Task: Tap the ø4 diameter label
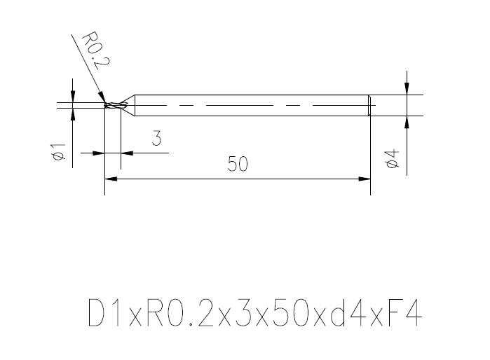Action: point(393,158)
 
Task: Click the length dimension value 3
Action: point(157,139)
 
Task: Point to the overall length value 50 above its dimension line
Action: point(238,165)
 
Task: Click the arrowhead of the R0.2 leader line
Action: point(102,99)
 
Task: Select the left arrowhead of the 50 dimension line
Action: point(110,179)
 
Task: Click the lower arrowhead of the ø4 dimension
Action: point(407,121)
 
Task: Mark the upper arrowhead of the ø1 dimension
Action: point(72,98)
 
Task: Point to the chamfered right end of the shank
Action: point(369,105)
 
